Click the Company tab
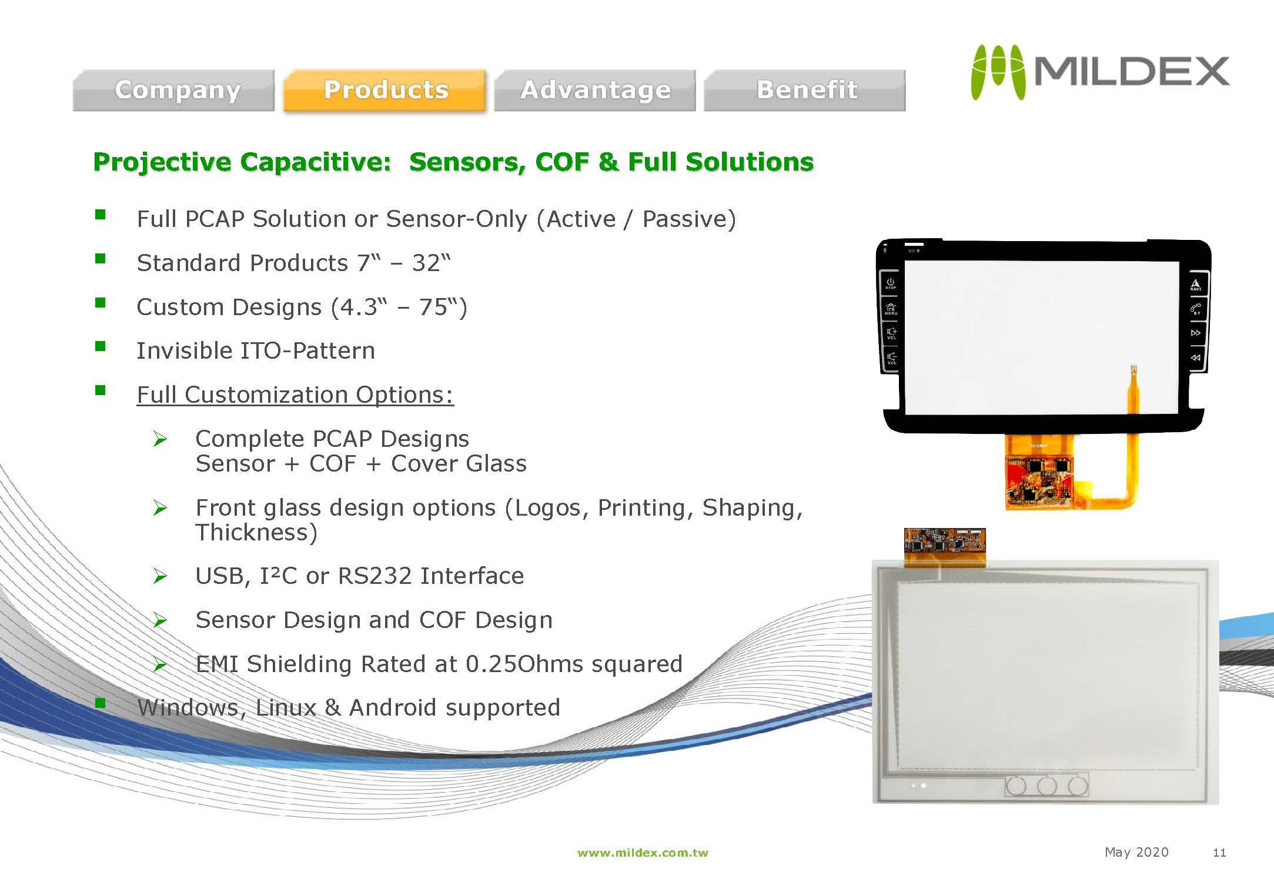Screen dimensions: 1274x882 tap(173, 90)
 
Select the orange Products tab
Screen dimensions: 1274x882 tap(385, 90)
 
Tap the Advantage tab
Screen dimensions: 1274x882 tap(595, 90)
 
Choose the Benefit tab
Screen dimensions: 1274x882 tap(805, 90)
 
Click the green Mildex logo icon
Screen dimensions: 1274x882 tap(998, 72)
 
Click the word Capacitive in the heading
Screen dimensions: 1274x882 tap(316, 162)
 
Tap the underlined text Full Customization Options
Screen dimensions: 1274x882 tap(295, 395)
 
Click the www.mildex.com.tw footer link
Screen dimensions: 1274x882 tap(643, 853)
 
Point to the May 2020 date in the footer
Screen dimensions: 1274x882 tap(1136, 853)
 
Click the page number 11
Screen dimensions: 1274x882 tap(1219, 853)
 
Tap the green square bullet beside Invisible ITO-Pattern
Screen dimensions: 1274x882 tap(101, 346)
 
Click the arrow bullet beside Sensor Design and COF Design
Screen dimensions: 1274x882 tap(160, 620)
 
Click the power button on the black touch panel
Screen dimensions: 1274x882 tap(891, 283)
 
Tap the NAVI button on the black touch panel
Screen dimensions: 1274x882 tap(1196, 285)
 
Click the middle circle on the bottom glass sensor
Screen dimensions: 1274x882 tap(1047, 786)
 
